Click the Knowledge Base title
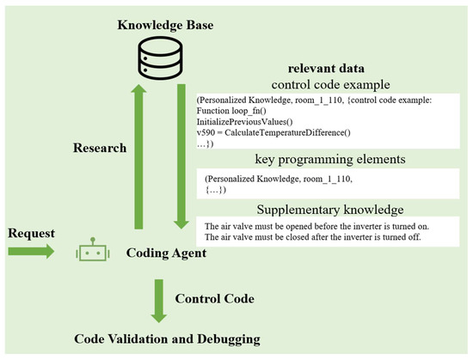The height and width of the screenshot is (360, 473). coord(165,25)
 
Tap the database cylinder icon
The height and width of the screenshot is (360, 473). coord(160,58)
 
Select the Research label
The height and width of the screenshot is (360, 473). coord(100,148)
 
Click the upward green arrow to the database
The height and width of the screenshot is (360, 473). coord(138,156)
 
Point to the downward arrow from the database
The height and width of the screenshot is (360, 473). coord(181,156)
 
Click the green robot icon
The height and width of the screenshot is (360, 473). coord(93,249)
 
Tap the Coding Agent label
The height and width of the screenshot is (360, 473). coord(166,253)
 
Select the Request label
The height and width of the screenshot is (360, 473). coord(31,233)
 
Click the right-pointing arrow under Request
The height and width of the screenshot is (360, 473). coord(31,251)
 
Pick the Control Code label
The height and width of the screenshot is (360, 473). coord(214,299)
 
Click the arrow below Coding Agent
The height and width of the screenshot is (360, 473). coord(159,302)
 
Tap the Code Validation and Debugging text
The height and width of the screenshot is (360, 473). coord(167,339)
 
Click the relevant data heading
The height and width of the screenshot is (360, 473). coord(326,69)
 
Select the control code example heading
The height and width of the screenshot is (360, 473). coord(330,85)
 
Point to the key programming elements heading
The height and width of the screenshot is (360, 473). coord(330,159)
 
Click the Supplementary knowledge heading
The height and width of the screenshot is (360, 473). coord(330,210)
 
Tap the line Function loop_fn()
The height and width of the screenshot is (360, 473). coord(231,111)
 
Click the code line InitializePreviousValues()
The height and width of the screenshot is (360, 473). coord(244,122)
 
